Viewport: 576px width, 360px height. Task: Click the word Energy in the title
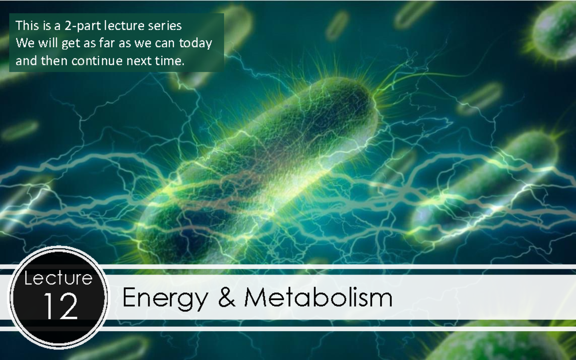[165, 298]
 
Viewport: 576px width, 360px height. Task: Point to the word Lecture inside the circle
[59, 278]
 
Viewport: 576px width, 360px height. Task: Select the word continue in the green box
[98, 61]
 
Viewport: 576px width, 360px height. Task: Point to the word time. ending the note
[170, 61]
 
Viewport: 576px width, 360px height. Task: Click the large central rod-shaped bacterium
[259, 163]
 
